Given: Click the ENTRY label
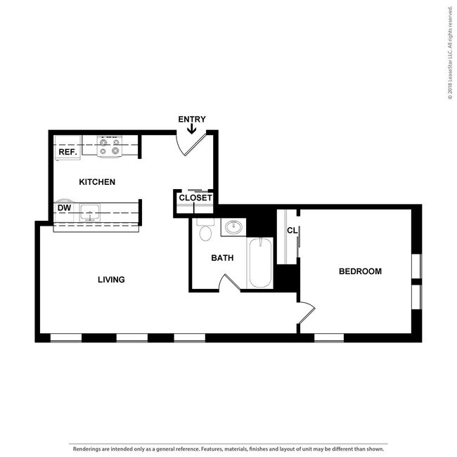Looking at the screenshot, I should pyautogui.click(x=192, y=119).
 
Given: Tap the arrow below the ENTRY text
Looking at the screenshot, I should pyautogui.click(x=192, y=129).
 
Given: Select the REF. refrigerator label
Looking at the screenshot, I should pyautogui.click(x=67, y=152).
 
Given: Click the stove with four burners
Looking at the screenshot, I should pyautogui.click(x=111, y=146).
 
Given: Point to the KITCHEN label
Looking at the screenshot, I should pyautogui.click(x=97, y=182).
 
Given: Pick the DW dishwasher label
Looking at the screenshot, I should pyautogui.click(x=64, y=208).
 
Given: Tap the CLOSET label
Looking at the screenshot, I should pyautogui.click(x=195, y=198).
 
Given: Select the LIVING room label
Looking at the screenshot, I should pyautogui.click(x=111, y=279).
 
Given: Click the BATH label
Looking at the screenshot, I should pyautogui.click(x=222, y=258).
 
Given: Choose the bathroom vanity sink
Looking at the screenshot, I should pyautogui.click(x=233, y=227).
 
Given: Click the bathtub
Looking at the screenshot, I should pyautogui.click(x=259, y=263).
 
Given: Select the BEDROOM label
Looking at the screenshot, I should pyautogui.click(x=360, y=271).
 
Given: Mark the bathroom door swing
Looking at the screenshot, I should pyautogui.click(x=231, y=283).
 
